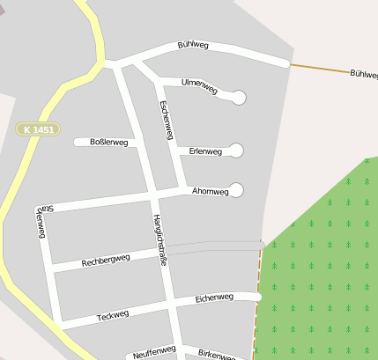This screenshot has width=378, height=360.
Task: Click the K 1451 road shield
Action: [x=38, y=129]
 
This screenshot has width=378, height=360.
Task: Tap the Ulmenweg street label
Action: [x=198, y=84]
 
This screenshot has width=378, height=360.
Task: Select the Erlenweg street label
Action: [x=205, y=151]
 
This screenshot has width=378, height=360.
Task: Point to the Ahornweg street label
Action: [x=210, y=191]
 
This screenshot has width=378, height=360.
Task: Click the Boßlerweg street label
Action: [x=108, y=142]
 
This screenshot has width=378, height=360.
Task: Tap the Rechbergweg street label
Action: [x=106, y=261]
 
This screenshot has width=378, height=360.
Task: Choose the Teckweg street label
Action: [x=113, y=314]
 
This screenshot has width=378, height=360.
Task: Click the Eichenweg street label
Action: [x=214, y=298]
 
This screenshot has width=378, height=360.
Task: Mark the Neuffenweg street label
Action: [x=155, y=352]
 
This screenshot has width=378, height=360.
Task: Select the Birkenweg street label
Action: [x=216, y=353]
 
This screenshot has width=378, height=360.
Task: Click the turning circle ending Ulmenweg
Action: [x=239, y=97]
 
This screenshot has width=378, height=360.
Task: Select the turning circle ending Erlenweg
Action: [x=236, y=151]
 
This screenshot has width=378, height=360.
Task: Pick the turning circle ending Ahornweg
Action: [x=236, y=190]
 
